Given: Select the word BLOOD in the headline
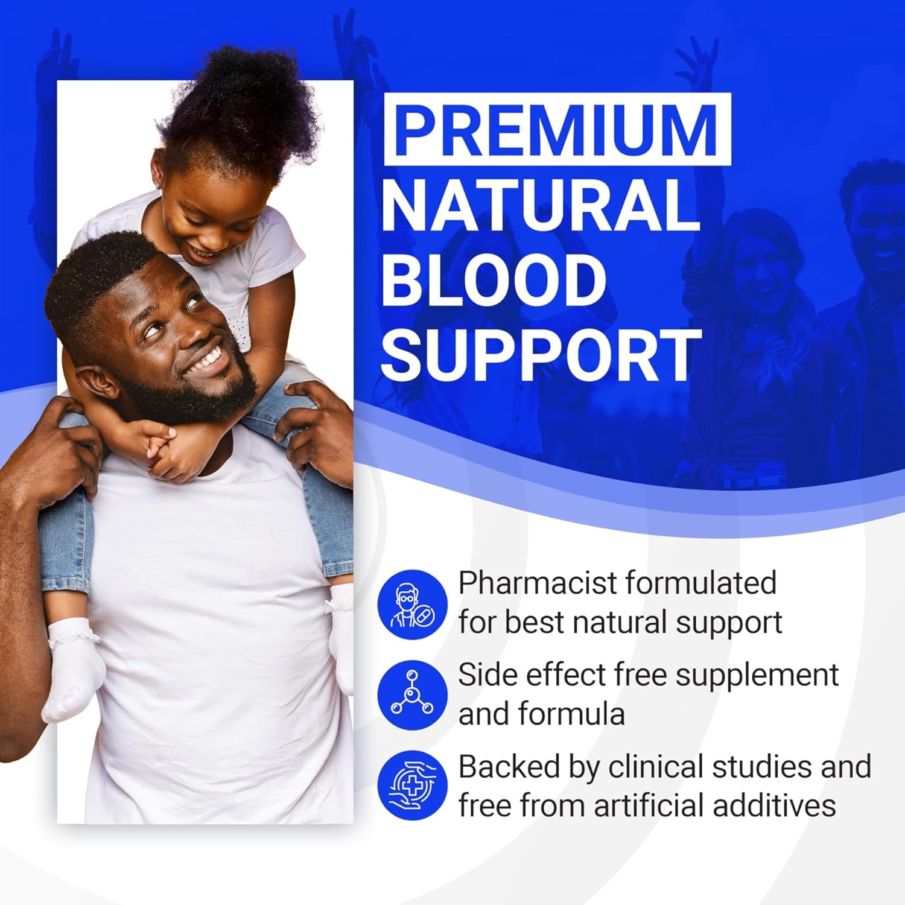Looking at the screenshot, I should tap(494, 281).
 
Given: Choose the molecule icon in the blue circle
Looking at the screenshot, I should tap(413, 694).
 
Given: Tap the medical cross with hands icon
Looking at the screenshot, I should tap(413, 785).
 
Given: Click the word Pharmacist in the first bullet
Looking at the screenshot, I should tap(538, 583).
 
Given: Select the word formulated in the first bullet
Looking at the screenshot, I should tap(700, 583).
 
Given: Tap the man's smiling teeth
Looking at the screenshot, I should tap(208, 360).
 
